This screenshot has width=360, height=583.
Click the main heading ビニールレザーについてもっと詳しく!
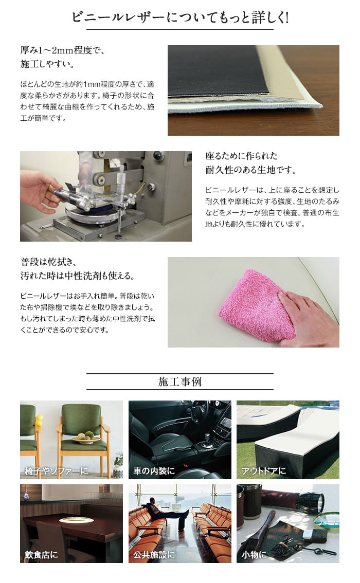[x=180, y=17]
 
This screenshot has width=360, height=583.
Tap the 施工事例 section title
[x=180, y=381]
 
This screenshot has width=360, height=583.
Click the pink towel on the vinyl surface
[x=257, y=305]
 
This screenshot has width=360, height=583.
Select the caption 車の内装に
[x=154, y=471]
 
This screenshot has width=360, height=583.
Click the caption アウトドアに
[x=264, y=471]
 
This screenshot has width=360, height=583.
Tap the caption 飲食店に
[x=41, y=555]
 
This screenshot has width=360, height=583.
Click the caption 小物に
[x=254, y=555]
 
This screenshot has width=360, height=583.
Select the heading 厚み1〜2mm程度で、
[x=62, y=50]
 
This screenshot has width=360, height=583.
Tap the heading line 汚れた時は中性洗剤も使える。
[x=78, y=276]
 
